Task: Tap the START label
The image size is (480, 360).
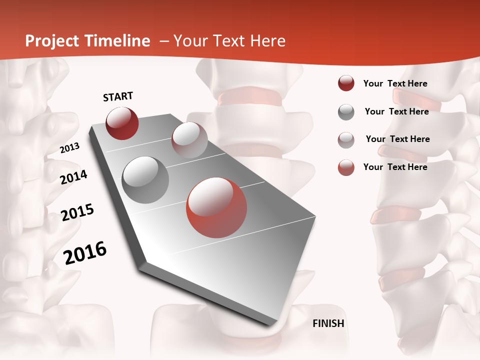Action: pyautogui.click(x=118, y=96)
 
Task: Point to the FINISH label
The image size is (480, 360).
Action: pyautogui.click(x=328, y=323)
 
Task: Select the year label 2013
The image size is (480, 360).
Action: pyautogui.click(x=70, y=148)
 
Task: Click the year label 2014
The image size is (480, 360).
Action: pyautogui.click(x=74, y=177)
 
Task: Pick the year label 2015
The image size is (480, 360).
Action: pyautogui.click(x=77, y=212)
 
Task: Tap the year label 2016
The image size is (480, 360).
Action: pyautogui.click(x=85, y=253)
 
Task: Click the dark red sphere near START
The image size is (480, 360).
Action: pyautogui.click(x=122, y=123)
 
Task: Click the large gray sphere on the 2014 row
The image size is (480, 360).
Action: pyautogui.click(x=145, y=179)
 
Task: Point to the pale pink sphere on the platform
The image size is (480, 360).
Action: pyautogui.click(x=189, y=140)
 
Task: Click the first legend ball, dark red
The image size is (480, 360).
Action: pyautogui.click(x=346, y=83)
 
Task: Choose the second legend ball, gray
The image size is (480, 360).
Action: pyautogui.click(x=346, y=112)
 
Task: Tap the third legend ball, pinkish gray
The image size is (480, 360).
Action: pyautogui.click(x=346, y=139)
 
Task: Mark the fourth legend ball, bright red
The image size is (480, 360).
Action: pyautogui.click(x=346, y=167)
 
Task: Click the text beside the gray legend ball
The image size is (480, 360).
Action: pyautogui.click(x=396, y=111)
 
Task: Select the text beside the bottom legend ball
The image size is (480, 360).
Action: pyautogui.click(x=395, y=167)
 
